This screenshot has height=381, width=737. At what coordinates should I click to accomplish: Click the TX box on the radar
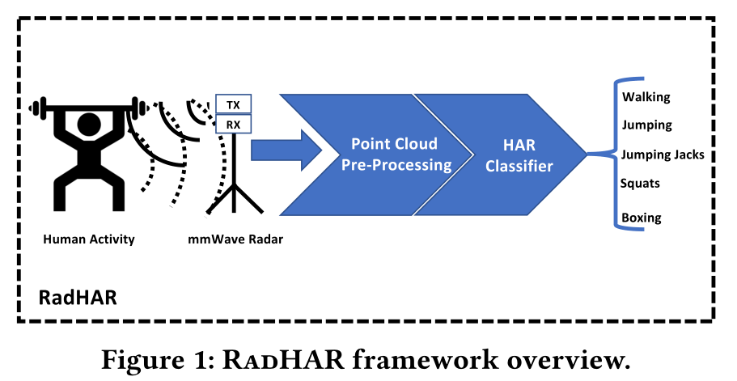tap(233, 104)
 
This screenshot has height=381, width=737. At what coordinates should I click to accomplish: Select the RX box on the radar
tap(233, 124)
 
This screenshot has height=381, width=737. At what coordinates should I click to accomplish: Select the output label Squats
tap(640, 183)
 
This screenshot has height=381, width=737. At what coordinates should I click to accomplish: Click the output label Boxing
tap(642, 218)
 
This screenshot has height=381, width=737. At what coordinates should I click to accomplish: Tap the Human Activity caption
tap(89, 239)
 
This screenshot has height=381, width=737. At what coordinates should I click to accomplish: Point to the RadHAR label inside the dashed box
tap(78, 297)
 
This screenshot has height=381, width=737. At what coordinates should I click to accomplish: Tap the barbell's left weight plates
tap(36, 106)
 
